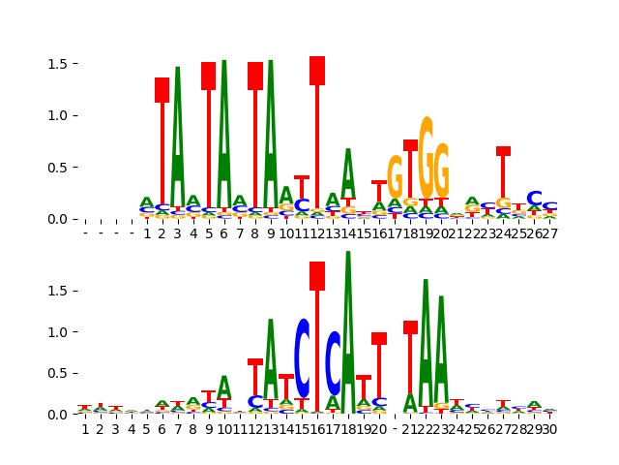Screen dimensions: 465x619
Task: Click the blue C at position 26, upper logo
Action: (x=534, y=199)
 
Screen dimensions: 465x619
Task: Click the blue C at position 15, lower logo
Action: (x=302, y=358)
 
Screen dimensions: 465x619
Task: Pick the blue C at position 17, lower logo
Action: (x=333, y=363)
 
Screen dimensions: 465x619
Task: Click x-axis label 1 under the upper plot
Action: (x=147, y=233)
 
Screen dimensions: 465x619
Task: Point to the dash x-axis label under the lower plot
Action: (x=395, y=429)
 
